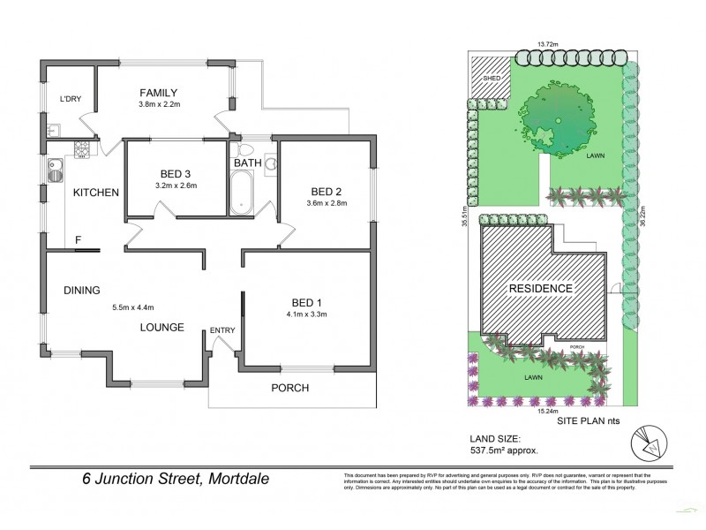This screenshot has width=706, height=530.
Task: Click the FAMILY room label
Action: [159, 93]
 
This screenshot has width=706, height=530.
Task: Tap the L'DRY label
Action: [70, 99]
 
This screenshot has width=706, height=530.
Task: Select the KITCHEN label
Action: [95, 193]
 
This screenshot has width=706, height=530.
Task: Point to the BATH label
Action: [246, 163]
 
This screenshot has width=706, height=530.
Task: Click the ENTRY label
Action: [222, 330]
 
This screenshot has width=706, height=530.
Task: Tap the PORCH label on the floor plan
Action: [290, 388]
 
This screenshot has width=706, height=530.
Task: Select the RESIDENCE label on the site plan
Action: [539, 289]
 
